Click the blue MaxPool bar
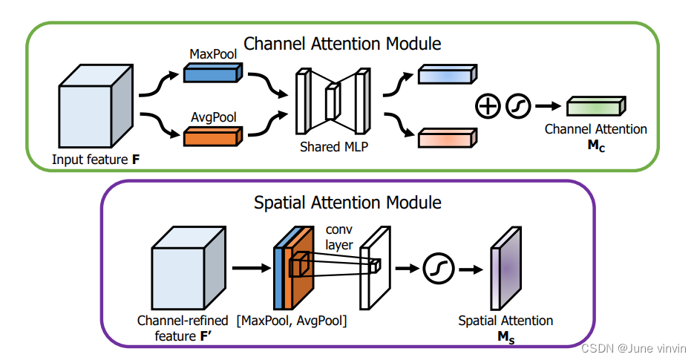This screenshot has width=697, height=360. point(212,73)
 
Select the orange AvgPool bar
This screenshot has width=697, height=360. point(212,136)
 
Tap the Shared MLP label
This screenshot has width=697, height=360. point(334,147)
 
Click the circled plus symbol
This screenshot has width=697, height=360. point(488,107)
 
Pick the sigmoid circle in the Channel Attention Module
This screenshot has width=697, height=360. point(517,107)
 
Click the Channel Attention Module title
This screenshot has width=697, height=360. point(342,44)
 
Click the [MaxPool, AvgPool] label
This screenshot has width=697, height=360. point(292,321)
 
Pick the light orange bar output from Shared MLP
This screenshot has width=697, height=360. point(447,137)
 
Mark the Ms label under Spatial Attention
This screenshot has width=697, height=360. point(505,336)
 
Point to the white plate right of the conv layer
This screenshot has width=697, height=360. point(373,267)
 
